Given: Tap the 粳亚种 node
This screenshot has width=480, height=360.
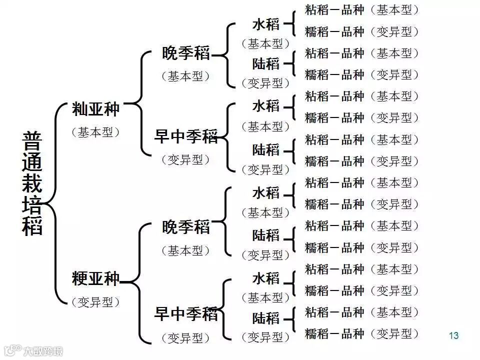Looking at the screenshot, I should [95, 278].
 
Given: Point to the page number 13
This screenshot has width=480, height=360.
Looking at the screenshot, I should [453, 335].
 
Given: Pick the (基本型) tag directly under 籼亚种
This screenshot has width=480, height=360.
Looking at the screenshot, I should [95, 132].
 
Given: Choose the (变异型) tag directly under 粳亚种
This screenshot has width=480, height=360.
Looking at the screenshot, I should [95, 302].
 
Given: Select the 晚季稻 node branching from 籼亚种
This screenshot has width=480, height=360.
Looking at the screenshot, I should [186, 53].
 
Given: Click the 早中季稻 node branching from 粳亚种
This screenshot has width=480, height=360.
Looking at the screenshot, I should [185, 314].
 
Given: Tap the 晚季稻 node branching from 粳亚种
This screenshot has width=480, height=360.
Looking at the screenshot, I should [186, 227].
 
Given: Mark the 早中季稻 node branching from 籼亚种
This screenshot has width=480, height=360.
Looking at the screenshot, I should [185, 136].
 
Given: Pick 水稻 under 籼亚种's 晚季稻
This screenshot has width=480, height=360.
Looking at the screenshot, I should [265, 24].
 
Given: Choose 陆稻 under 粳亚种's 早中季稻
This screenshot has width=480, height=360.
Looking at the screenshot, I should [265, 318].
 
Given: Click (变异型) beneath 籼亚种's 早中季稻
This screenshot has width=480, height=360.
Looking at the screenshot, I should [185, 159].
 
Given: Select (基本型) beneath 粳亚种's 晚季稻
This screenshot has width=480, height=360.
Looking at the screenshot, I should [185, 250].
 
